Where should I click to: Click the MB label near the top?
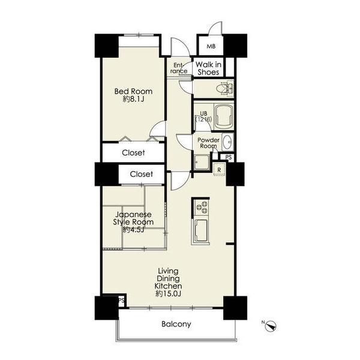[x=211, y=46]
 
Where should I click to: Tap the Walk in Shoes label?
[x=208, y=68]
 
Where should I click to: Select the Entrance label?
[x=179, y=68]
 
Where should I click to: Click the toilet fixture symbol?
[x=225, y=88]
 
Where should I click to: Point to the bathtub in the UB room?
[x=224, y=116]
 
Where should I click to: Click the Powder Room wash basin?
[x=228, y=142]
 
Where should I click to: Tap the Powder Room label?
[x=208, y=143]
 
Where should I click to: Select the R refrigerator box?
[x=219, y=170]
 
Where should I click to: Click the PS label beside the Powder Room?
[x=229, y=157]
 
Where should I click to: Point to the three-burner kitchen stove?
[x=202, y=208]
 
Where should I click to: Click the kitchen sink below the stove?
[x=201, y=230]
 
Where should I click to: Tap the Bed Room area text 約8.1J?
[x=134, y=99]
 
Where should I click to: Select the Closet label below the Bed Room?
[x=133, y=152]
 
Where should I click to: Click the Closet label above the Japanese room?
[x=141, y=174]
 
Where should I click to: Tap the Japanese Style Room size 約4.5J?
[x=133, y=230]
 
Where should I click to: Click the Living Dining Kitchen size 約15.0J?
[x=169, y=293]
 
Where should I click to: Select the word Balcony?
[x=176, y=324]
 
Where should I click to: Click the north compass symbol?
[x=272, y=326]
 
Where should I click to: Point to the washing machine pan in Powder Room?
[x=202, y=162]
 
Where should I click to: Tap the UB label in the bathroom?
[x=203, y=113]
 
